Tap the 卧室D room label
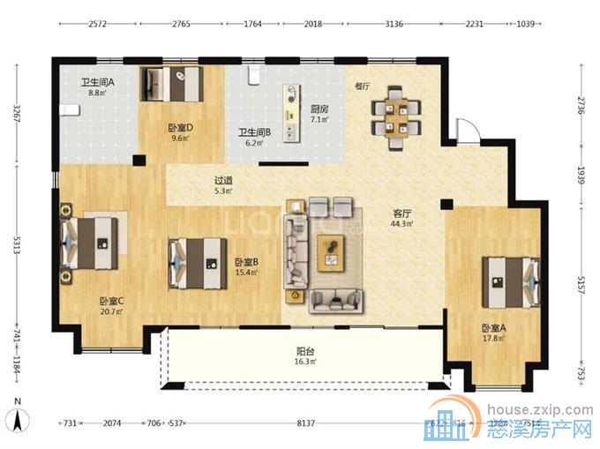pos(180,127)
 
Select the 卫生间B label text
pos(252,132)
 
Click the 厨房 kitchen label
pos(319,109)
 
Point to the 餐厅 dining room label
pos(362,86)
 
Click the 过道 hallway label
pos(223,180)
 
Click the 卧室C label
pos(111,301)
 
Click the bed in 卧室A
pos(510,281)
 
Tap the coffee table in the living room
pos(331,256)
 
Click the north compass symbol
pos(18,412)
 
